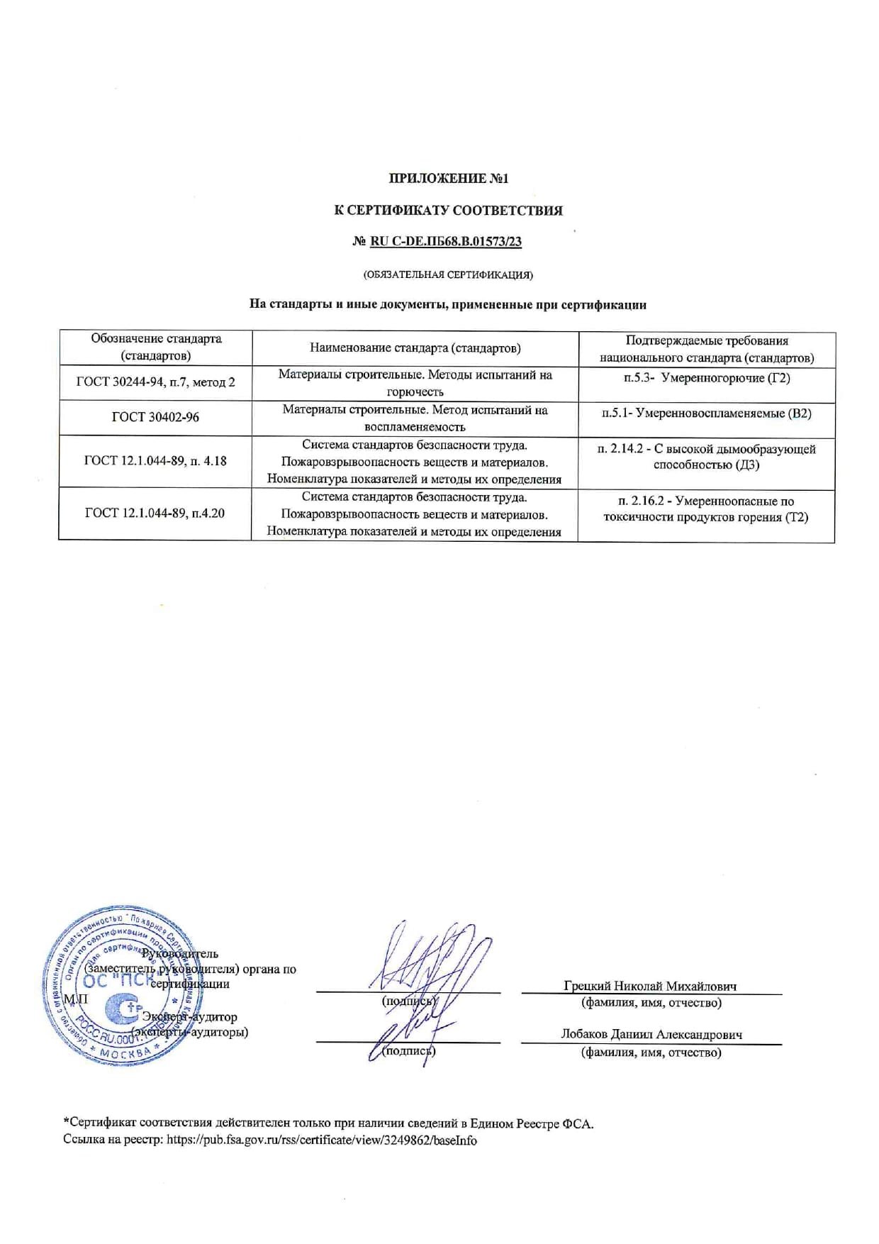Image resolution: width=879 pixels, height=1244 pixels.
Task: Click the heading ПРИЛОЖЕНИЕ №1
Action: (x=448, y=178)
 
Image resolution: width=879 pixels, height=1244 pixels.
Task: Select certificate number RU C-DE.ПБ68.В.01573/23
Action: (x=446, y=241)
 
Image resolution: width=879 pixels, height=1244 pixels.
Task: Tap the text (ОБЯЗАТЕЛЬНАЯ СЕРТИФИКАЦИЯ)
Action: (x=447, y=274)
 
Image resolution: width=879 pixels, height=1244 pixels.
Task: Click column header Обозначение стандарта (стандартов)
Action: (x=156, y=347)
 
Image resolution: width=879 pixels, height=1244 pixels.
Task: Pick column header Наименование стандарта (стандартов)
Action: (x=415, y=348)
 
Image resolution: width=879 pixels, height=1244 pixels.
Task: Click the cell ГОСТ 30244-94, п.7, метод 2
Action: (x=155, y=382)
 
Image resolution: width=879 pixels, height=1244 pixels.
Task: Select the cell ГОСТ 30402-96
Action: (x=155, y=417)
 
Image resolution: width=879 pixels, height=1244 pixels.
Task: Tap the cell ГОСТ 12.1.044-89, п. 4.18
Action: (x=155, y=461)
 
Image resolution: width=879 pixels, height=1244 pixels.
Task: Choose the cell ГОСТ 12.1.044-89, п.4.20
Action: (x=155, y=513)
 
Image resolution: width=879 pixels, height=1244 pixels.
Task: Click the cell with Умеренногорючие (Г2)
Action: (x=706, y=378)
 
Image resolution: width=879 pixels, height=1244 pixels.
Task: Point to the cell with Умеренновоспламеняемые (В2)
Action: (x=706, y=413)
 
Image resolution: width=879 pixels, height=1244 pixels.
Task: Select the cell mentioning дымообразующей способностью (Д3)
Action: (x=706, y=457)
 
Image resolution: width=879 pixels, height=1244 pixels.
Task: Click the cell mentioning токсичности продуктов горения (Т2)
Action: (x=706, y=509)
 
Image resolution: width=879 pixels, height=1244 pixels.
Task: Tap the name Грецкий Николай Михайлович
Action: (x=650, y=986)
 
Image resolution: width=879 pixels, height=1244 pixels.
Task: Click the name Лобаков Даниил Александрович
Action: (x=651, y=1034)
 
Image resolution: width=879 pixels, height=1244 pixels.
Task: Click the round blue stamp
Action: (x=113, y=986)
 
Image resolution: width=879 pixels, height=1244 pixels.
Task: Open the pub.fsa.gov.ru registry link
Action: (x=322, y=1140)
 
